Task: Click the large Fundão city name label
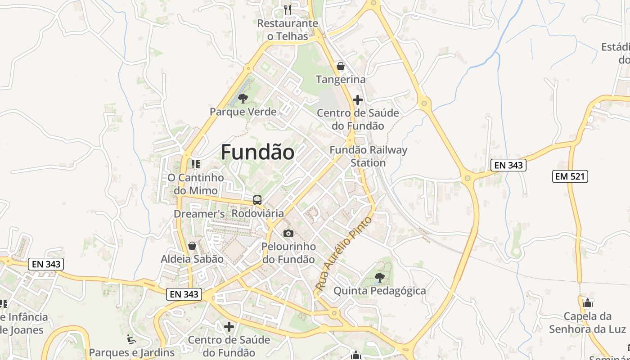(x=257, y=152)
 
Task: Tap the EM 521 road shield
(x=570, y=176)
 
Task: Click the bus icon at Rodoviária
(x=257, y=200)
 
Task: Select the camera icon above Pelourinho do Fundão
(x=288, y=233)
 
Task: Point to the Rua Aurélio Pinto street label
(x=344, y=253)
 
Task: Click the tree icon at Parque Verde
(x=243, y=98)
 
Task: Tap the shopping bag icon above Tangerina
(x=341, y=66)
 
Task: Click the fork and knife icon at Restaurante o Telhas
(x=287, y=9)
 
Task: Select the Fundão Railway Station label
(x=368, y=156)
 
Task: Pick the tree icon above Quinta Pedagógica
(x=379, y=277)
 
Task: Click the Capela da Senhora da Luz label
(x=587, y=323)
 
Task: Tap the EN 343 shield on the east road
(x=508, y=165)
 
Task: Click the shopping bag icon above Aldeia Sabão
(x=192, y=246)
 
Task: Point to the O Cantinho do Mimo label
(x=196, y=184)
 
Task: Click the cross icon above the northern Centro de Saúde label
(x=358, y=99)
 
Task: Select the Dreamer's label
(x=199, y=214)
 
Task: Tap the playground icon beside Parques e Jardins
(x=131, y=339)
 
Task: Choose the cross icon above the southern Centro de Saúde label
(x=229, y=326)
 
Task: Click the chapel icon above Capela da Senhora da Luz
(x=587, y=303)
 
